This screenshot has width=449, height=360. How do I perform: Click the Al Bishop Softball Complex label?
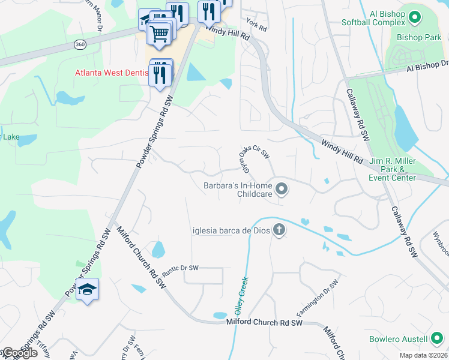(374, 18)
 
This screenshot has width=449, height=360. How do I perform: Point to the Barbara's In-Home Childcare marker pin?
(282, 191)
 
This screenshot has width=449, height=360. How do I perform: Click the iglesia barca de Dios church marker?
(279, 229)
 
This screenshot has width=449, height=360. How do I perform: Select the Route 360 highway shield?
(80, 44)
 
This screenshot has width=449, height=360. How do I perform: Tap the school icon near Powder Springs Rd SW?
(88, 290)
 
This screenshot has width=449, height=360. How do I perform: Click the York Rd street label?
(256, 25)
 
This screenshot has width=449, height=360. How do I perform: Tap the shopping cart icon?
(159, 33)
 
